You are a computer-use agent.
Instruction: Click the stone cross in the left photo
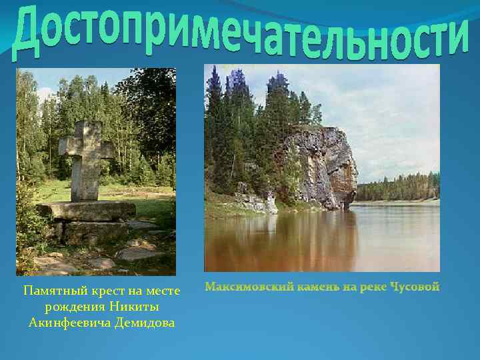85,160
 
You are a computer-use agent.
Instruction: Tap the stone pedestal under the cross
87,212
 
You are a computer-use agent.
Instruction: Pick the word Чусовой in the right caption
413,287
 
